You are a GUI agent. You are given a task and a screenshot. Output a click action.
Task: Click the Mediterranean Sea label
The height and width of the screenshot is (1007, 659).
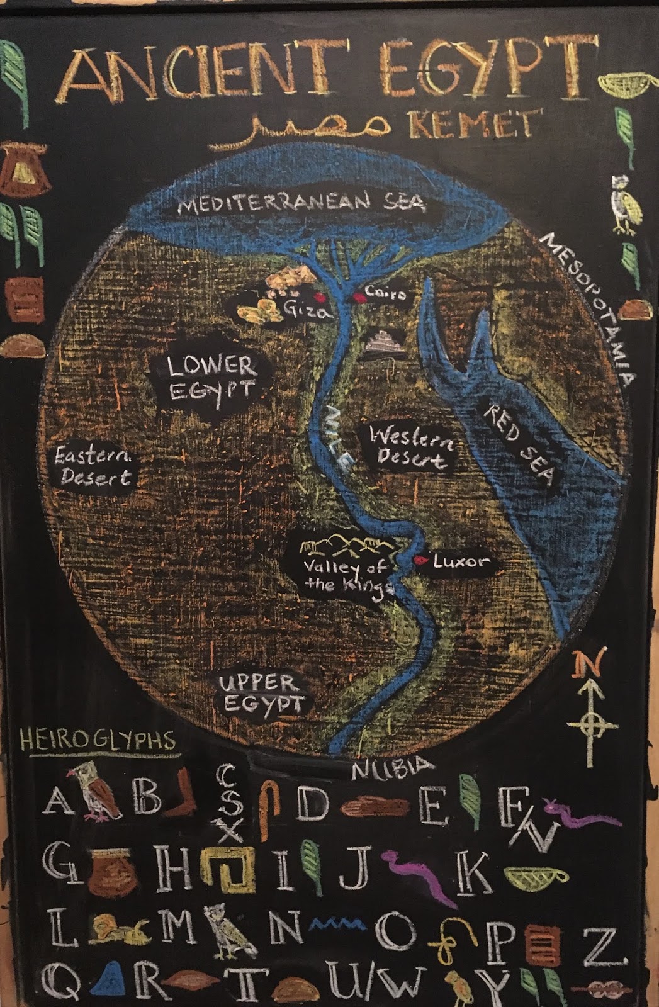click(301, 203)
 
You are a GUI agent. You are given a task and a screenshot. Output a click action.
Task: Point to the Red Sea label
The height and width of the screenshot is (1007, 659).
click(519, 445)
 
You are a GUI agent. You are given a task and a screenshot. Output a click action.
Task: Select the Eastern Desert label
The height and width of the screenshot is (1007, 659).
click(93, 466)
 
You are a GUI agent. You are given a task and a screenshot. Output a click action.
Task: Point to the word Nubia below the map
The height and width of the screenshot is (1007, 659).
click(391, 768)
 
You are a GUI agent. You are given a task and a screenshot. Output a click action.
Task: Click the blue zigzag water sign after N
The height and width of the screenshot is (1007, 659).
click(341, 924)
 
